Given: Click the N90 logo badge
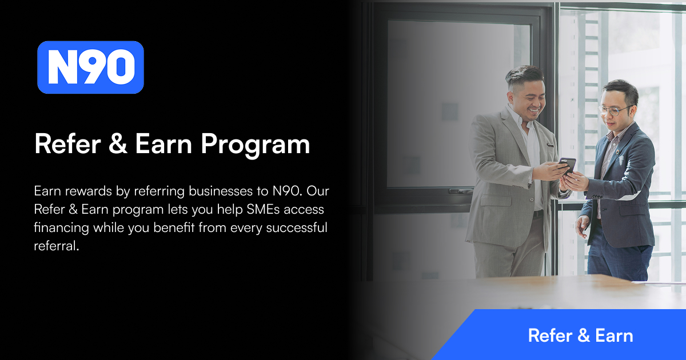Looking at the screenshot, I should point(90,67).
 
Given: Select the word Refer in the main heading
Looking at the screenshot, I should point(65,144).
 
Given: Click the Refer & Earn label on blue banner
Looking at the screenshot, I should point(580,335).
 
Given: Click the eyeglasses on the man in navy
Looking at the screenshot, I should point(615,110).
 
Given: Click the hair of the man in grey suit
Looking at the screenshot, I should point(523,74).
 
